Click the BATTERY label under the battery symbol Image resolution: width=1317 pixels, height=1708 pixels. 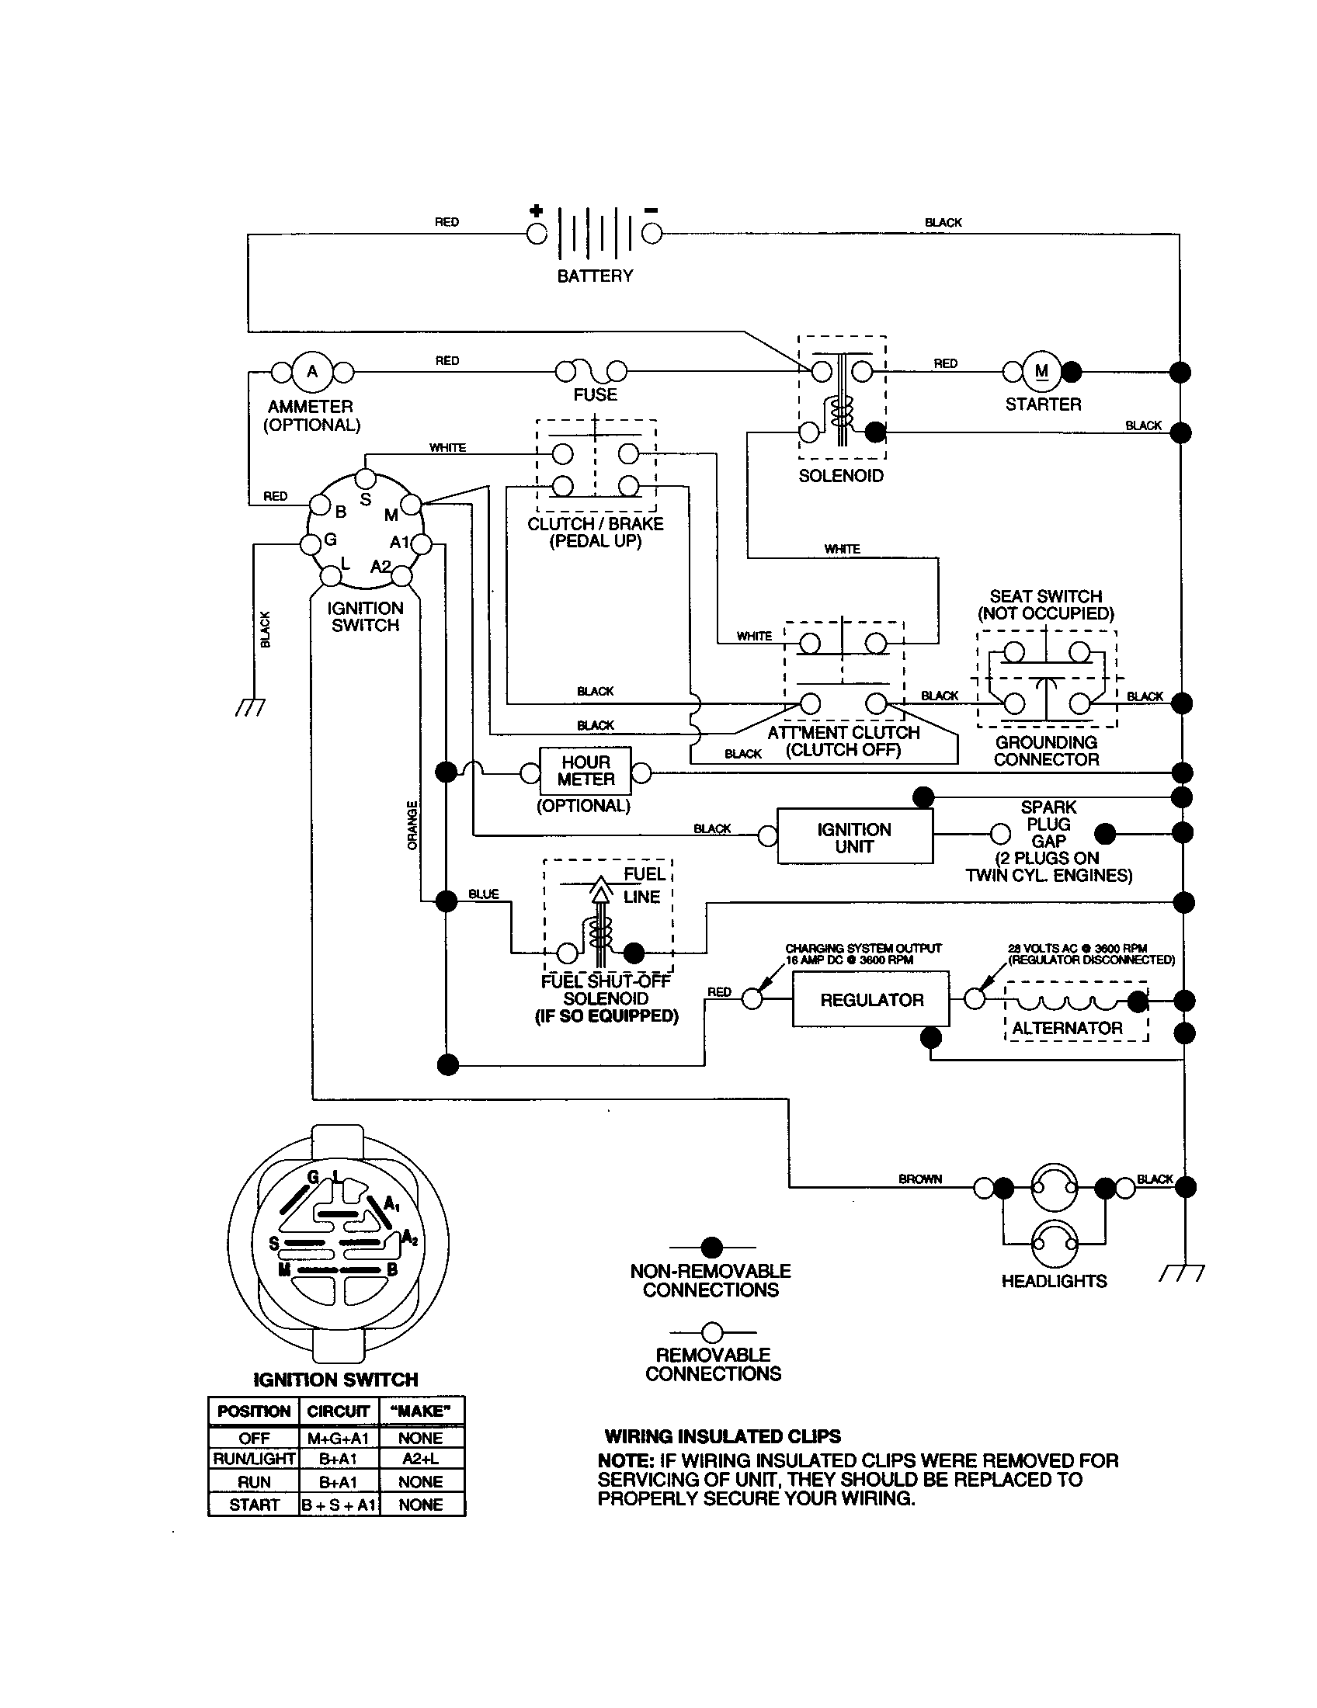tap(594, 276)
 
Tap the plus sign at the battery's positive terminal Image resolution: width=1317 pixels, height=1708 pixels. tap(536, 210)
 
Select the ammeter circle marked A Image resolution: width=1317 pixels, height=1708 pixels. tap(312, 371)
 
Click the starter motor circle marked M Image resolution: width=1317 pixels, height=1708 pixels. tap(1041, 371)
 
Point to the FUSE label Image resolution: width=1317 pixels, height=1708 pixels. tap(595, 395)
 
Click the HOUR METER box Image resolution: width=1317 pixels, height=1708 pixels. tap(585, 771)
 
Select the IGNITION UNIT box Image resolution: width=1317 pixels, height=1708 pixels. tap(854, 838)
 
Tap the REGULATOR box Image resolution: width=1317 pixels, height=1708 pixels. tap(870, 999)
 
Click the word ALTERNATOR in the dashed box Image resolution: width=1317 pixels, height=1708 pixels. tap(1067, 1029)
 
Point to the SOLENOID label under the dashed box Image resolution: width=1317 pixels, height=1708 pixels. tap(841, 475)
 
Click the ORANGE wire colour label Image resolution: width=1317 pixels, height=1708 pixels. tap(412, 825)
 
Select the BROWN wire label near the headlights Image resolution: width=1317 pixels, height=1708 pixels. tap(919, 1179)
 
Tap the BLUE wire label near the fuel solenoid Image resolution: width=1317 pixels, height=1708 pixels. tap(483, 894)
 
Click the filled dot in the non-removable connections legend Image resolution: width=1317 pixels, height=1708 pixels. tap(711, 1248)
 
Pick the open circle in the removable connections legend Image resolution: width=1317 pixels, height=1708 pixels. tap(711, 1331)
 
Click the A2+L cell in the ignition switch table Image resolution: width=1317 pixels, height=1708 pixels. tap(421, 1459)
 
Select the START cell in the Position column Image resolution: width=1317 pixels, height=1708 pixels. tap(253, 1505)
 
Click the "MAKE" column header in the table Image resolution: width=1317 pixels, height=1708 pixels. tap(421, 1411)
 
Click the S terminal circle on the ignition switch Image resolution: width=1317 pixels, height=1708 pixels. tap(364, 478)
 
